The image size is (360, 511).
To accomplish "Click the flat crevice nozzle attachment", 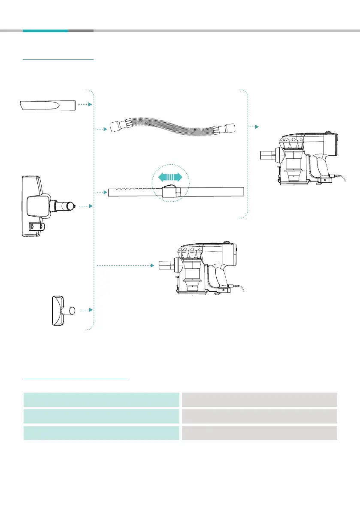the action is (48, 104).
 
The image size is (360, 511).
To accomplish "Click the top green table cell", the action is (101, 399).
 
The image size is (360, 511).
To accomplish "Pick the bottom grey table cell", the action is (259, 433).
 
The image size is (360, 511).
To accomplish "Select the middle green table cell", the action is (101, 416).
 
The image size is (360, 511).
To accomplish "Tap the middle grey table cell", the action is (259, 416).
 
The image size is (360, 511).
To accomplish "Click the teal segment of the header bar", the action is (45, 31).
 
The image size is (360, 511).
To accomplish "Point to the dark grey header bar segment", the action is (81, 31).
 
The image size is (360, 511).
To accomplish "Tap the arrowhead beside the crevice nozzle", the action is (91, 104).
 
